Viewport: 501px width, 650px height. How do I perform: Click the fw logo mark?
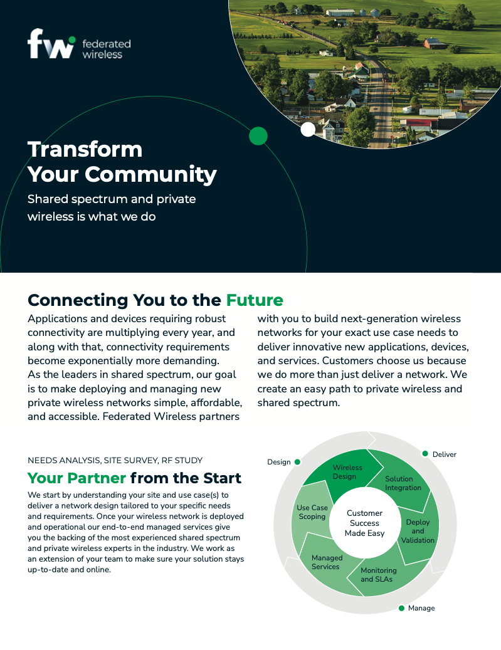coord(51,43)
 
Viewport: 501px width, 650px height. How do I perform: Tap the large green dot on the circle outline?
coord(258,136)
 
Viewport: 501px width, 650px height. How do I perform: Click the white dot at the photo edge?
coord(308,129)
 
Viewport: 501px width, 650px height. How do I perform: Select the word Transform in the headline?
coord(85,149)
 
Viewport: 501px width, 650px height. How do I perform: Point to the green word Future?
coord(255,300)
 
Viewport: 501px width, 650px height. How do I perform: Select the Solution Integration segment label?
coord(403,483)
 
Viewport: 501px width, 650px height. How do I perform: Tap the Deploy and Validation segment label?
coord(418,531)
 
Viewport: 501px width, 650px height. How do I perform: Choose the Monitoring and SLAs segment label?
coord(378,575)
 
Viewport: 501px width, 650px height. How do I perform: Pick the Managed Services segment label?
coord(327,562)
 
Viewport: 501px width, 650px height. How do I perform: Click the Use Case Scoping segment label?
coord(312,512)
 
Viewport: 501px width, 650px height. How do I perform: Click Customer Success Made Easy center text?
coord(364,523)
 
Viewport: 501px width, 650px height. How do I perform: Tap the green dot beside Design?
coord(297,462)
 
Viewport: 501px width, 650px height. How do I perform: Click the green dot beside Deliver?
coord(425,454)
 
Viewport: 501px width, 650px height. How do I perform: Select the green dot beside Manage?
coord(401,608)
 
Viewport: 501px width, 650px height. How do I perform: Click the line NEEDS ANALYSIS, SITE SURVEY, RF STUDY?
coord(115,461)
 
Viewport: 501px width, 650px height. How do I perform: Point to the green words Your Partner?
coord(76,478)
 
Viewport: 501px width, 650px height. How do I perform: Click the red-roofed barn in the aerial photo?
coord(435,43)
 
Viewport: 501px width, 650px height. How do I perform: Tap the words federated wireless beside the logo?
coord(106,49)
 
